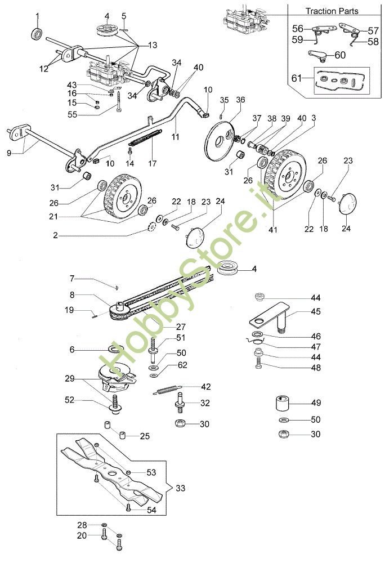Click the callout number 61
(x=297, y=77)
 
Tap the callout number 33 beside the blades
(x=180, y=488)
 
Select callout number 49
(x=316, y=403)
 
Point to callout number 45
(x=316, y=311)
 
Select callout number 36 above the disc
(x=240, y=100)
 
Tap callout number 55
(x=87, y=114)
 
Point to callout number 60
(x=340, y=55)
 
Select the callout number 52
(x=84, y=401)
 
